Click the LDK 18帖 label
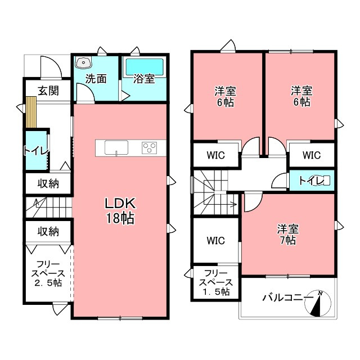point(120,210)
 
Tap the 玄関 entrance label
point(48,91)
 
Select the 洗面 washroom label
point(96,79)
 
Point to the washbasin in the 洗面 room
point(84,62)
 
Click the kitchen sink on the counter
point(116,147)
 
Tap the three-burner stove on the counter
point(150,147)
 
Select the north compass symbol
point(318,303)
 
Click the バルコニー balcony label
point(287,298)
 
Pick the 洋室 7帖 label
point(287,235)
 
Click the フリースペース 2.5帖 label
point(48,274)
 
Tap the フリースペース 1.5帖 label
point(216,282)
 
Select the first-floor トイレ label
point(36,151)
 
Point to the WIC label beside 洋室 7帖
point(216,240)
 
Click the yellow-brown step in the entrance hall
point(31,112)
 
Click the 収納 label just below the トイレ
point(48,183)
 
